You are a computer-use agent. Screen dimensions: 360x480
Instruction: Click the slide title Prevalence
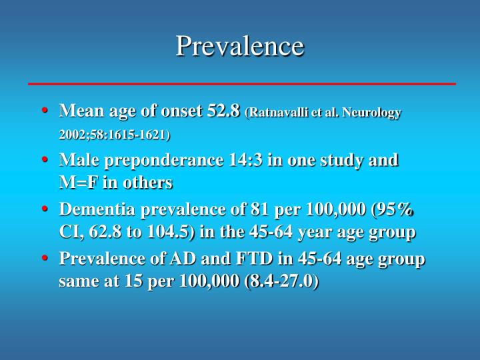pyautogui.click(x=240, y=46)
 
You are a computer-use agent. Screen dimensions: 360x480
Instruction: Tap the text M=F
pyautogui.click(x=78, y=182)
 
